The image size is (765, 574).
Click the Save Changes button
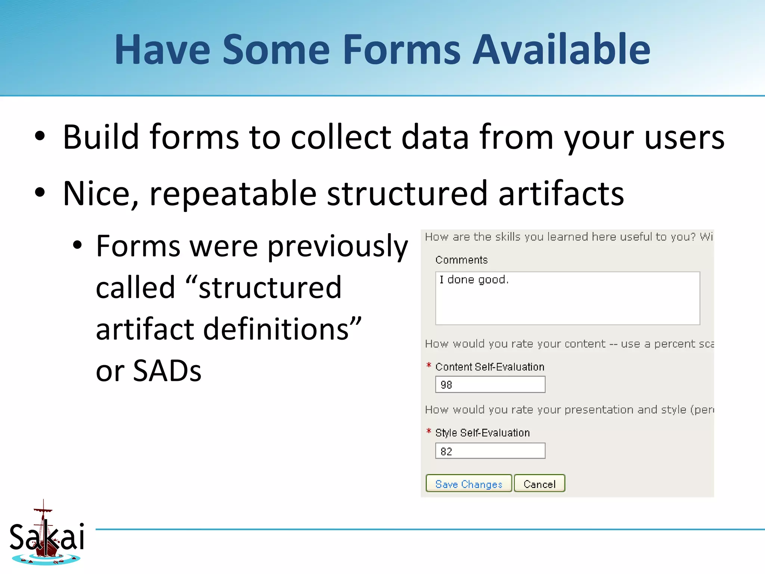[468, 484]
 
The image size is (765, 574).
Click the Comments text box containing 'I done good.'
[567, 298]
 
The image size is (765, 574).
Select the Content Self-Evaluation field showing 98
[490, 385]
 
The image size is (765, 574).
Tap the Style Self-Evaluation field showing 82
[490, 451]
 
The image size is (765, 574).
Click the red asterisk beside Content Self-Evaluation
[429, 365]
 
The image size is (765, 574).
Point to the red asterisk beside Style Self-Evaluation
[429, 431]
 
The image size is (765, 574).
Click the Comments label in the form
[461, 260]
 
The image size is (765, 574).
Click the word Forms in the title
[402, 49]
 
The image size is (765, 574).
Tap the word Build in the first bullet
[101, 137]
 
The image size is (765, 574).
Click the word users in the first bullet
[684, 138]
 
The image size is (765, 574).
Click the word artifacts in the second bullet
[561, 194]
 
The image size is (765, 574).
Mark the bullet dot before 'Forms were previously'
[77, 246]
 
